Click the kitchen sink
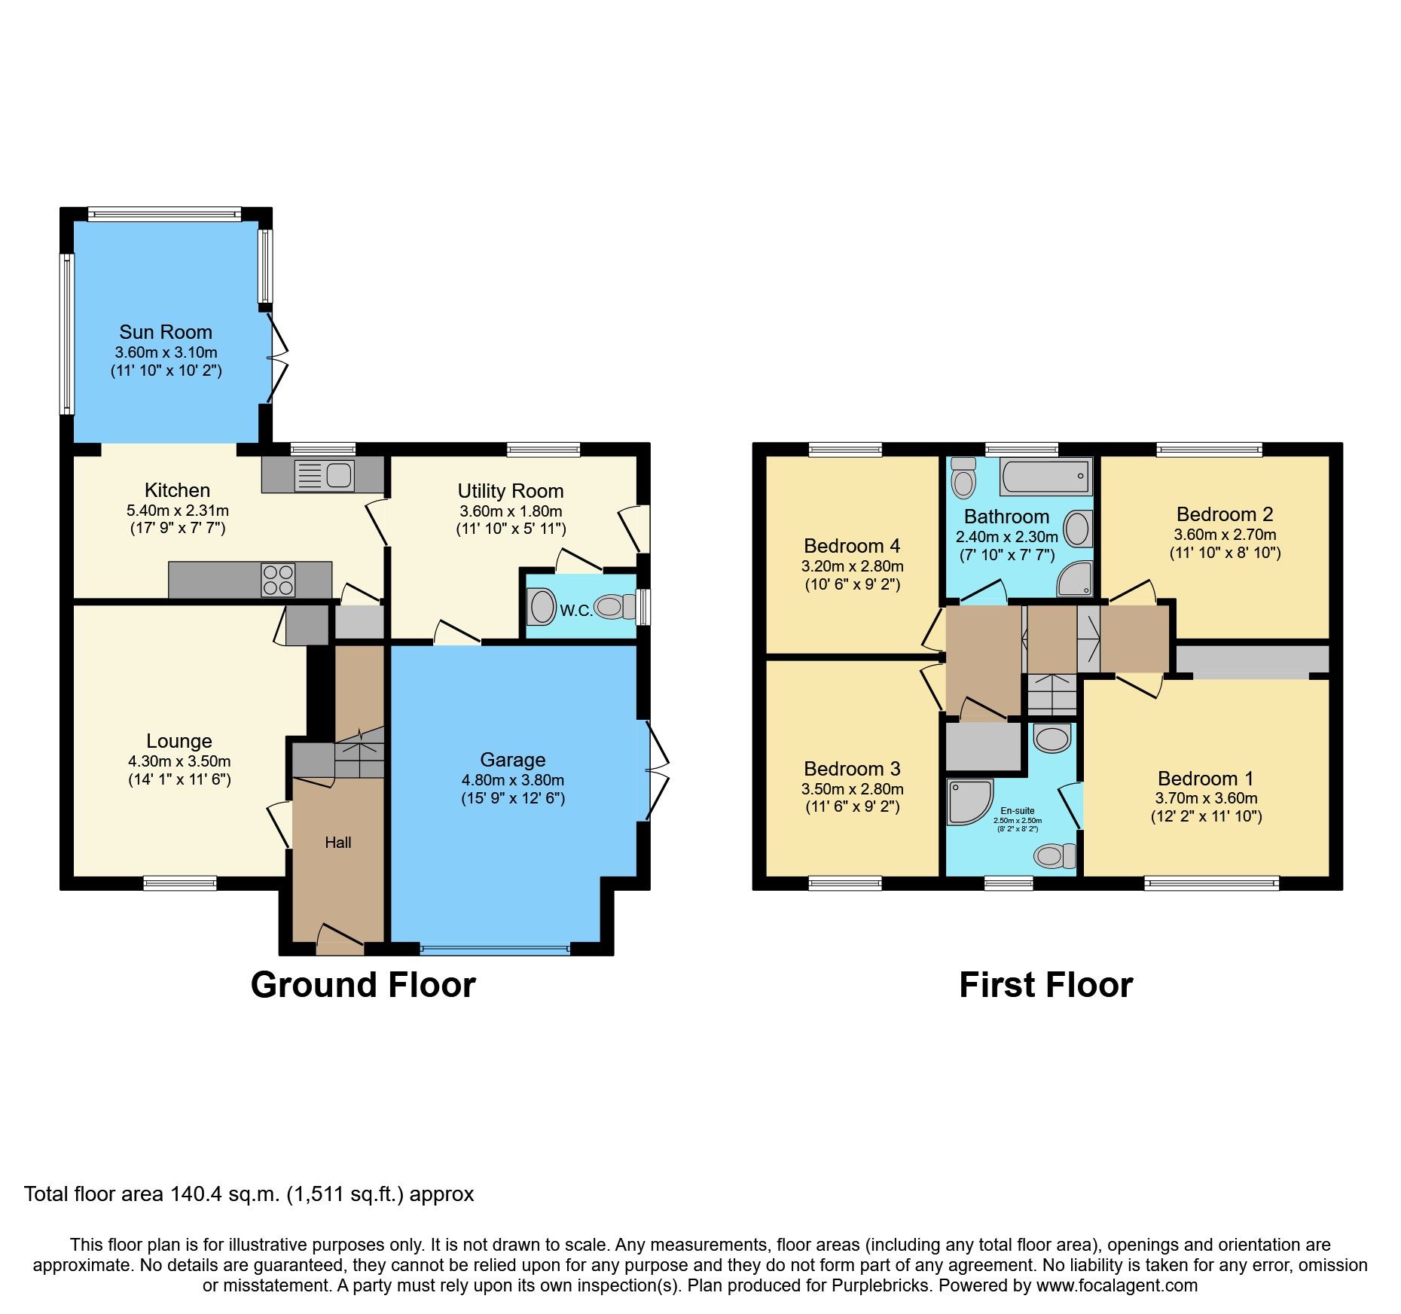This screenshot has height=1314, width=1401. click(325, 475)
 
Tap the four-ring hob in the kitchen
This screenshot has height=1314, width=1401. click(278, 580)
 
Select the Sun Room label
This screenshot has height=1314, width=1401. click(166, 332)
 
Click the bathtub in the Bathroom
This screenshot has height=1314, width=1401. click(1045, 476)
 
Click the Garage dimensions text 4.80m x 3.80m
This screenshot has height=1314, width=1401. click(512, 780)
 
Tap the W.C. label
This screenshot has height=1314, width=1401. click(575, 611)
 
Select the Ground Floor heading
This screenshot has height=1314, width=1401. click(363, 985)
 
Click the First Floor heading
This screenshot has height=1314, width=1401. click(1045, 985)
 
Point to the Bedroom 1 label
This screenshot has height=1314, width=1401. click(1205, 779)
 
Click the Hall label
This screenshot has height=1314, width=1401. click(338, 843)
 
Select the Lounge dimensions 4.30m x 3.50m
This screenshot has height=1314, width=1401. click(179, 761)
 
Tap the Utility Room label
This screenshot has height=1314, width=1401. click(511, 491)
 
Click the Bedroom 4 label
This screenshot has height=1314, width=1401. click(852, 546)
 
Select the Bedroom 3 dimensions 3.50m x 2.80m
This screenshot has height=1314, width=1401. click(852, 789)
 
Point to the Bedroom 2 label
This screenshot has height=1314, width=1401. click(1225, 514)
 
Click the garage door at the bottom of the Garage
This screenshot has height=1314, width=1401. click(495, 950)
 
